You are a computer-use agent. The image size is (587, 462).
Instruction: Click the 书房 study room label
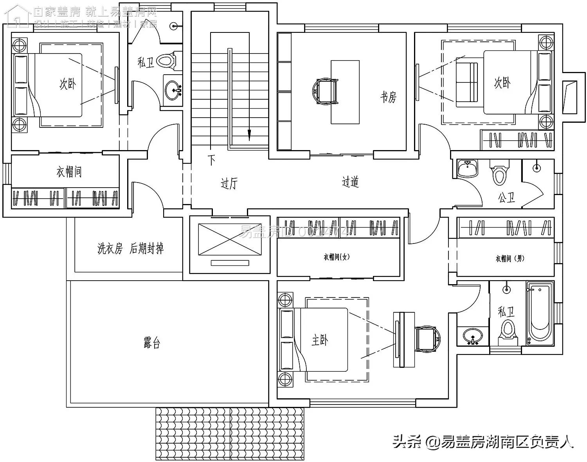pos(388,97)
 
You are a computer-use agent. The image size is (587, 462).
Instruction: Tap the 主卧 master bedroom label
pos(320,340)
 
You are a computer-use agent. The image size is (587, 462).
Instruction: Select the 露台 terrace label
pos(152,343)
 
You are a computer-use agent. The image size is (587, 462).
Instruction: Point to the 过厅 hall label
pos(229,183)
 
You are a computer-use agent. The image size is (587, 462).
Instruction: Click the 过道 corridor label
pos(350,182)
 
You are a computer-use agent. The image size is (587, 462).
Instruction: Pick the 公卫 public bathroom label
pos(506,197)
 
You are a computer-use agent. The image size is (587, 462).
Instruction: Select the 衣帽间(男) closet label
pos(510,258)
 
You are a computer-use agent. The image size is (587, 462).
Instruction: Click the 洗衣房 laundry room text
pos(110,249)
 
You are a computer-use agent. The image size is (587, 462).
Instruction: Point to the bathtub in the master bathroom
pos(540,313)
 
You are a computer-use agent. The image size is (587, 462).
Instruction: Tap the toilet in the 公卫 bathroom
pos(499,173)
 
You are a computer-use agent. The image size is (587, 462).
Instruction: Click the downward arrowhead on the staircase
pos(248,135)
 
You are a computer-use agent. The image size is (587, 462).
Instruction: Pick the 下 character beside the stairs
pos(212,160)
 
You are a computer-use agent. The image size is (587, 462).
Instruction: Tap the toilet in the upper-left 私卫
pos(167,61)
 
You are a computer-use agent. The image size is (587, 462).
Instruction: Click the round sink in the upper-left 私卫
pos(173,90)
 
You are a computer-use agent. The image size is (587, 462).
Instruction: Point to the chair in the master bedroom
pos(427,339)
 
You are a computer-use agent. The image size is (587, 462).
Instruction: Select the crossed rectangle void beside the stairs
pos(229,239)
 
